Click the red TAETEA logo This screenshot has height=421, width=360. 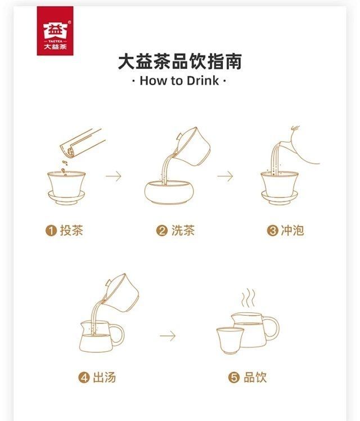[x=55, y=31]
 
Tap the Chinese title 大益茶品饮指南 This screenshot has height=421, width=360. [x=180, y=61]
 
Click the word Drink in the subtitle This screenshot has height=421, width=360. [x=203, y=81]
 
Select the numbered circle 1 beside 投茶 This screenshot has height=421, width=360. [x=51, y=231]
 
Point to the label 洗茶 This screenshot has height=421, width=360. [x=183, y=230]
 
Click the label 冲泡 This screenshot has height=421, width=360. [x=292, y=230]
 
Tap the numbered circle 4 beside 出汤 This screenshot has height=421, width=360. [x=84, y=378]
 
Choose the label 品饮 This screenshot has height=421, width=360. [x=255, y=377]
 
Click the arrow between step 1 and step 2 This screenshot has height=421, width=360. [x=114, y=176]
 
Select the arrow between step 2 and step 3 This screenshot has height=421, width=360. [x=225, y=176]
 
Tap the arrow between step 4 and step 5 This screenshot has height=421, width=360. [x=168, y=336]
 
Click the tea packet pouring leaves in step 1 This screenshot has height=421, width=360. [x=82, y=144]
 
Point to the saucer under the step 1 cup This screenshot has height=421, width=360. [x=66, y=198]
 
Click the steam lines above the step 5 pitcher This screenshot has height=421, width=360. [x=248, y=298]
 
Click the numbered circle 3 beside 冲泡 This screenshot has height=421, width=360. [x=272, y=231]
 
